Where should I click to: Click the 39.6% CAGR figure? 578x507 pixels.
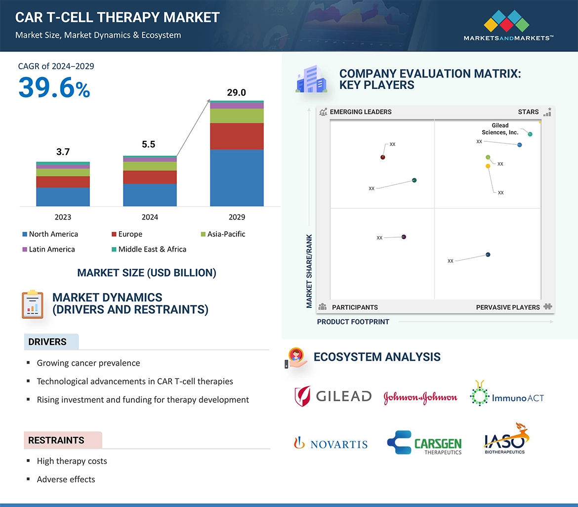pos(54,88)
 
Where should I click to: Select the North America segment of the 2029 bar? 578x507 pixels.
pos(237,177)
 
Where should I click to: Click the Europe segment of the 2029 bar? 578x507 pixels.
pos(237,136)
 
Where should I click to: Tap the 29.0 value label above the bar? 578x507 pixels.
pos(236,92)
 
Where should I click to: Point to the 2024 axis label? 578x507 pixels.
pos(150,217)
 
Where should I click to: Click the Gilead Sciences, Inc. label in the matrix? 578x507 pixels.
pos(500,129)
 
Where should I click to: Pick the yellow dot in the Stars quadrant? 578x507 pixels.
pos(488,166)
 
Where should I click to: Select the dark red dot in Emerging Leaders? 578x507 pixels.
pos(383,157)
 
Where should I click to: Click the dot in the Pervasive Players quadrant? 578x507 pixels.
pos(488,254)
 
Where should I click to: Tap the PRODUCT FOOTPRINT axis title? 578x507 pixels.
pos(353,322)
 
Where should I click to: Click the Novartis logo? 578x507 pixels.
pos(331,443)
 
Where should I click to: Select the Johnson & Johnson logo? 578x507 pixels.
pos(420,397)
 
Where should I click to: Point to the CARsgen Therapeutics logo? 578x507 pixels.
pos(424,442)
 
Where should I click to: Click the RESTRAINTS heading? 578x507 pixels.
pos(56,440)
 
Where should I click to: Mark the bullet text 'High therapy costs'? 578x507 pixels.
pos(72,461)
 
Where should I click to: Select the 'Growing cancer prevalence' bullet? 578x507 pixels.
pos(88,363)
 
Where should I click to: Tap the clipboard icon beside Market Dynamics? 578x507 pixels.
pos(32,304)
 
